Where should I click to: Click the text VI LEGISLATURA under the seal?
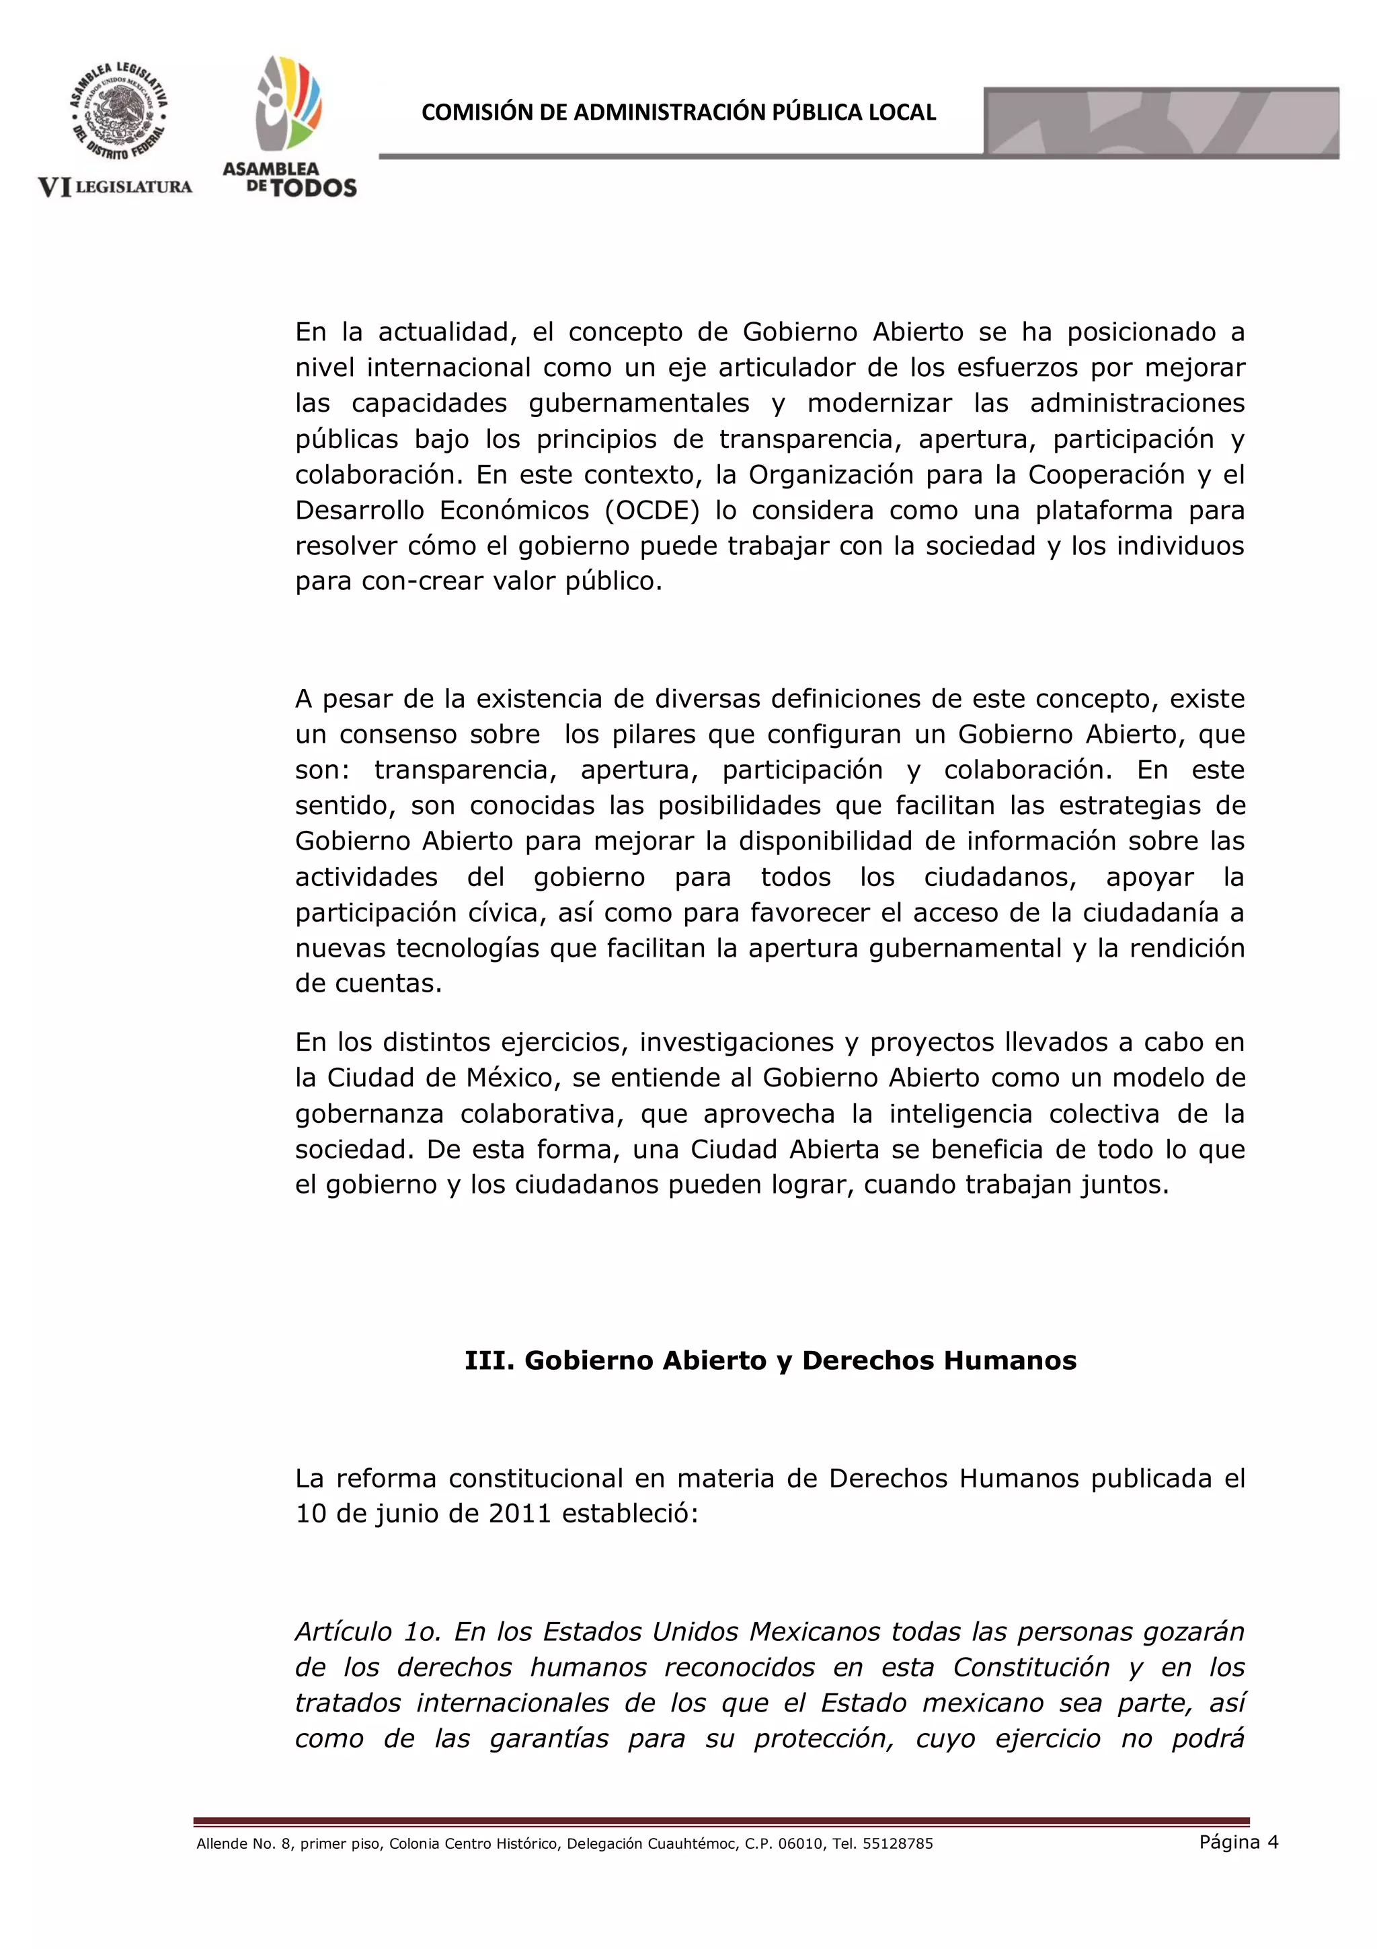click(116, 187)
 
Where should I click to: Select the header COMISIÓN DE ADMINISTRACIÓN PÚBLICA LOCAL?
click(678, 112)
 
